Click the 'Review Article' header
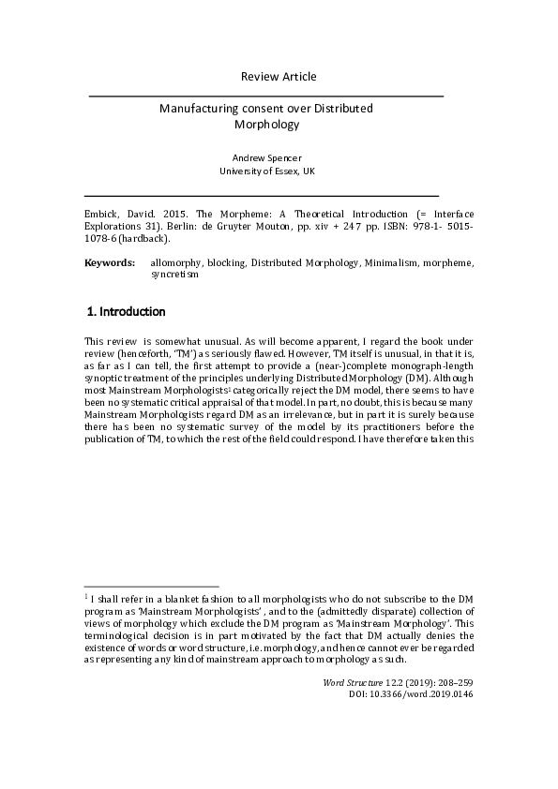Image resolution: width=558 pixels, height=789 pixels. pos(279,76)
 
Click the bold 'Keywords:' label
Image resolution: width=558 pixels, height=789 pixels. pos(110,264)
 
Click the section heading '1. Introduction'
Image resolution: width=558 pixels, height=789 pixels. pos(126,311)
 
